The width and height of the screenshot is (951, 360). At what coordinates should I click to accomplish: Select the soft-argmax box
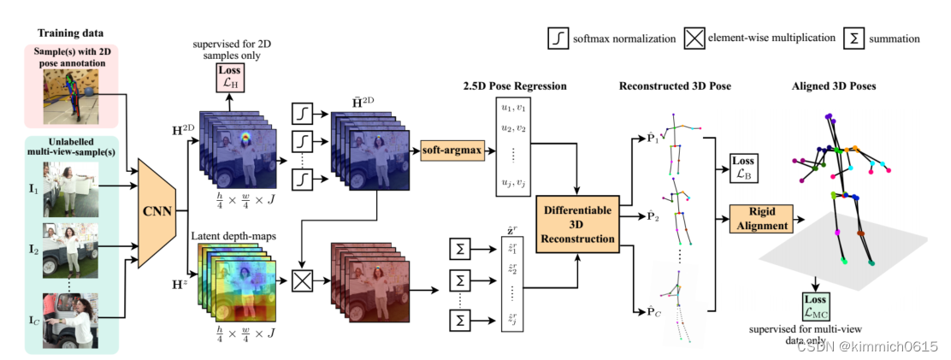click(450, 151)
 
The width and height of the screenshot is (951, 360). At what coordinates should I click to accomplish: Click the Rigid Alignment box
click(760, 218)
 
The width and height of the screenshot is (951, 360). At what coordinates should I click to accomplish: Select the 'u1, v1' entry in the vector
click(511, 108)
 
